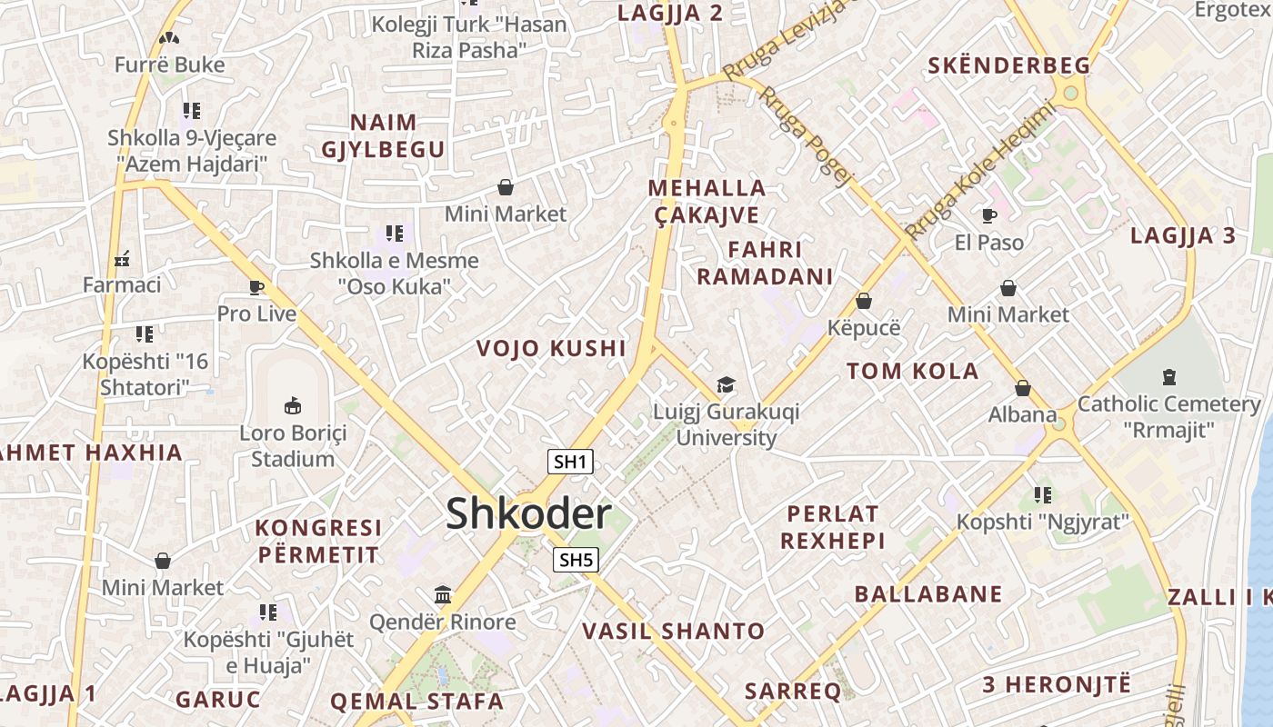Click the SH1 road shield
click(570, 462)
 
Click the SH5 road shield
click(576, 560)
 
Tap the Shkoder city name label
click(528, 514)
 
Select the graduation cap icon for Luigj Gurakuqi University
click(726, 385)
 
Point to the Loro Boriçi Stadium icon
click(293, 405)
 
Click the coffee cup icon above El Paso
click(989, 215)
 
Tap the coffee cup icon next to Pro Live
click(256, 288)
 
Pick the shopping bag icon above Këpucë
click(864, 301)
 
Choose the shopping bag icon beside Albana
click(1023, 389)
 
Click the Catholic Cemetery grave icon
click(1169, 376)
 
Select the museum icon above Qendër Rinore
click(443, 595)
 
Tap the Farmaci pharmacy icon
click(122, 259)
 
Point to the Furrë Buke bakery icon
click(169, 38)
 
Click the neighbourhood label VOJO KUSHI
click(551, 348)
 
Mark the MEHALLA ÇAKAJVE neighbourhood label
click(707, 202)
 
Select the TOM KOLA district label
click(912, 371)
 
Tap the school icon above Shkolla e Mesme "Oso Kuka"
click(394, 234)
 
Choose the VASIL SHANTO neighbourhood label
click(673, 631)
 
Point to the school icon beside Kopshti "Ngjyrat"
click(1043, 495)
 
